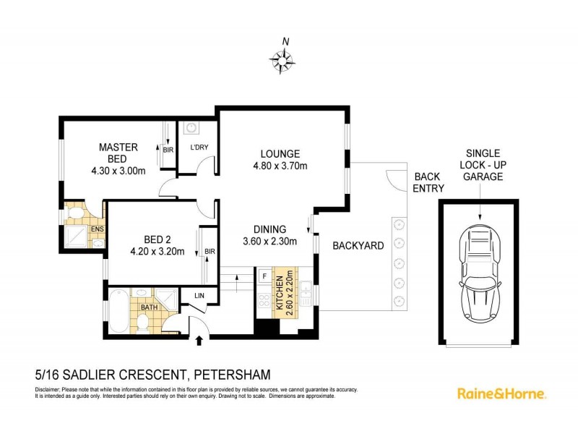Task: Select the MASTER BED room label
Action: [118, 153]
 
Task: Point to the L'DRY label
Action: [199, 148]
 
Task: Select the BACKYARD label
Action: [358, 246]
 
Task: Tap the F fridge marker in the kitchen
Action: [264, 276]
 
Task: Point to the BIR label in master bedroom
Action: [168, 150]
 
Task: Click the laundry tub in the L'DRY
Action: [191, 129]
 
